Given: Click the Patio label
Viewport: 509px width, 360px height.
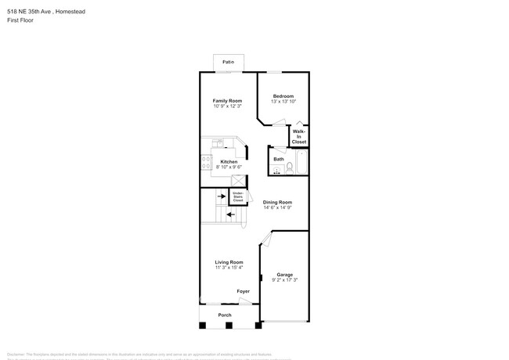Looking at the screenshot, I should [228, 61].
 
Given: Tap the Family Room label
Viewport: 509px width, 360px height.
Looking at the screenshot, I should [228, 101].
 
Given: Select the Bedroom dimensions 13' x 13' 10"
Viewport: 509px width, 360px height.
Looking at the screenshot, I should [283, 102].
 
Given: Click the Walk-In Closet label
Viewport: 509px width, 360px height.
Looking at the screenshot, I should [299, 136].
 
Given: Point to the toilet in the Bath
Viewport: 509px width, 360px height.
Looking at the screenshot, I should [289, 166].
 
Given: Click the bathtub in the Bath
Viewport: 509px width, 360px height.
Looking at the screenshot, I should [303, 165].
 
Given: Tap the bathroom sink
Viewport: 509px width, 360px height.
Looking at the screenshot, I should [278, 171].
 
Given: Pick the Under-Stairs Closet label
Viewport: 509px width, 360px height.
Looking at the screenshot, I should [238, 196].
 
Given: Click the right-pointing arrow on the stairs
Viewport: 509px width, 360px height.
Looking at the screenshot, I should [220, 197].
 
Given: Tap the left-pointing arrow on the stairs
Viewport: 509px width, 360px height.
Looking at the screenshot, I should [231, 214].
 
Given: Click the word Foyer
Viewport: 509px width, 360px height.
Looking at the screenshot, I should [244, 291].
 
